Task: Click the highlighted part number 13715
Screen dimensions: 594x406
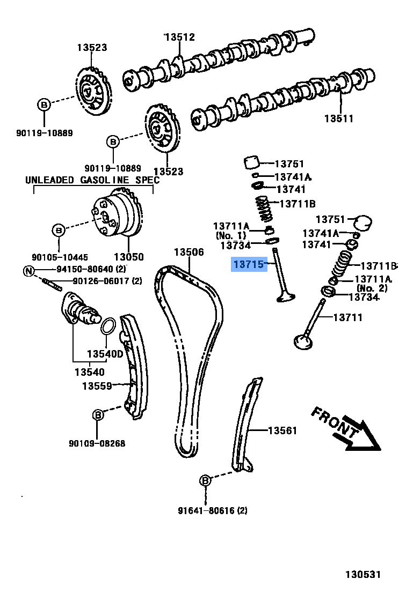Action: [249, 264]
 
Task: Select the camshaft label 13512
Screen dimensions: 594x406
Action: [179, 37]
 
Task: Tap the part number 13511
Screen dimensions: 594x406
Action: [338, 118]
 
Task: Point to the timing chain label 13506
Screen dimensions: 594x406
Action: [189, 252]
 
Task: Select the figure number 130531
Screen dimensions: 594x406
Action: [363, 575]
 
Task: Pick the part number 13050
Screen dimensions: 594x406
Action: [128, 257]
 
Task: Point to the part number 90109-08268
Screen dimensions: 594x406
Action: [97, 443]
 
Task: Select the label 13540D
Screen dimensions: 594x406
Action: [105, 354]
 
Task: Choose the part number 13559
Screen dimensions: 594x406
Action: [97, 385]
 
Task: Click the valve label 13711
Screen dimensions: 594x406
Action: [348, 317]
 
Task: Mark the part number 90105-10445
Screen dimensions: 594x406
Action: [59, 257]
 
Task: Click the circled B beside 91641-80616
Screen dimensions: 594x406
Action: [205, 481]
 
